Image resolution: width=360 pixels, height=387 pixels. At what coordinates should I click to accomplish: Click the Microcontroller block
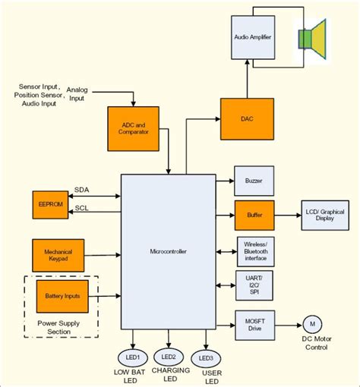coord(168,251)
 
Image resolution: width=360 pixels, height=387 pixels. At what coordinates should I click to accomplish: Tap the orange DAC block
coord(246,119)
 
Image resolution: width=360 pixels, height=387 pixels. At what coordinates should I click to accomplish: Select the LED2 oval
coord(169,356)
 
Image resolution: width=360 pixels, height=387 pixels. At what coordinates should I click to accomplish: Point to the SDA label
coord(81,190)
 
